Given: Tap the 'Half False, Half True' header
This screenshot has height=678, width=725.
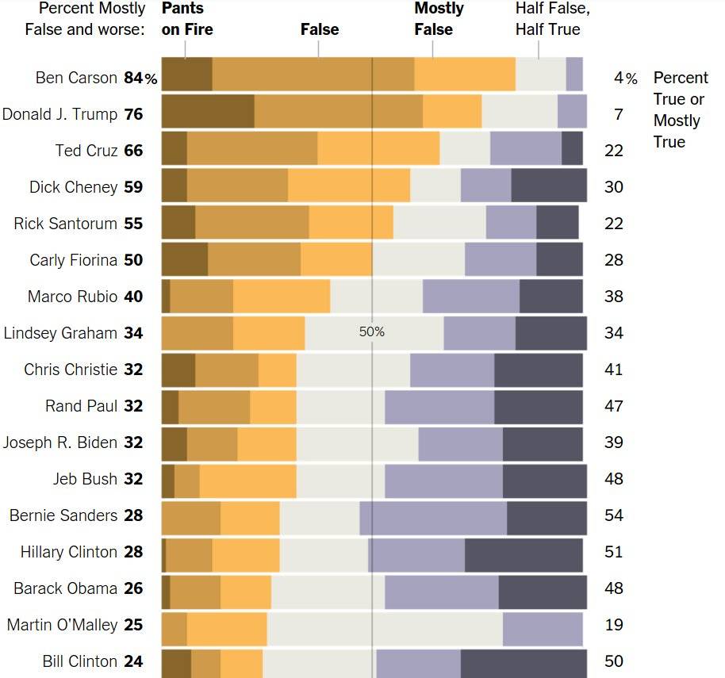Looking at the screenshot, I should click(x=552, y=19).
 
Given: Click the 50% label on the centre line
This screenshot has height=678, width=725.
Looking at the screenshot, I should click(x=371, y=331).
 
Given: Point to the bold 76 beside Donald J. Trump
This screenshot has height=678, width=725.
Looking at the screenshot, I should click(x=133, y=114).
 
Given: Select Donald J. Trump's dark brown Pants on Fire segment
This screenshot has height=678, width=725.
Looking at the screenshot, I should click(x=208, y=111).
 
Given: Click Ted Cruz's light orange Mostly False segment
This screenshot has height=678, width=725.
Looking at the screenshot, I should click(x=378, y=147).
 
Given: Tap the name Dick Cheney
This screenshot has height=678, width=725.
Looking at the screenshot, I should click(x=73, y=187).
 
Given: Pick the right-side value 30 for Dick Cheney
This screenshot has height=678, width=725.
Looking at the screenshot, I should click(x=613, y=187).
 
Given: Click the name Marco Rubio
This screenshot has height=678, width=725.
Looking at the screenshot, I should click(x=72, y=297).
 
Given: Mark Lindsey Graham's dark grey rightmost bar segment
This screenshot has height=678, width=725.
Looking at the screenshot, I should click(x=550, y=333).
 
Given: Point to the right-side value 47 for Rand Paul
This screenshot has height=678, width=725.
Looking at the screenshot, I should click(x=613, y=406).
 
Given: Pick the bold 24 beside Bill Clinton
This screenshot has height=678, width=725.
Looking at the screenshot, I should click(x=133, y=661).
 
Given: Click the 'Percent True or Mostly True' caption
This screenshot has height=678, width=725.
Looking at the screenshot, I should click(x=680, y=109).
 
